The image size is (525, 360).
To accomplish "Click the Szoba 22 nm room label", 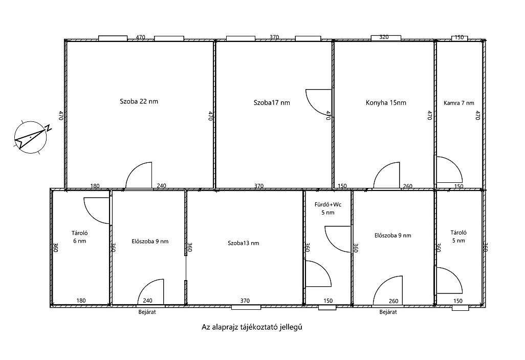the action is (139, 101).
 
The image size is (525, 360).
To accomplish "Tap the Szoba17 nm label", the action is (272, 102).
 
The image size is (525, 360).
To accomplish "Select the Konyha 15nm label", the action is (386, 102).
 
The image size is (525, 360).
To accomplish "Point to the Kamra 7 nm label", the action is (458, 103).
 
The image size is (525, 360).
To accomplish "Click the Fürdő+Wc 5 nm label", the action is (328, 208).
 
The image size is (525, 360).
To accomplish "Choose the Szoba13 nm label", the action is (243, 243).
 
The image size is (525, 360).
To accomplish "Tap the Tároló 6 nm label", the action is (79, 237).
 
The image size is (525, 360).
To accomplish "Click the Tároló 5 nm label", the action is (458, 236).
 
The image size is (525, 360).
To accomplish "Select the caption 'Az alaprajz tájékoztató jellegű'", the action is (251, 327).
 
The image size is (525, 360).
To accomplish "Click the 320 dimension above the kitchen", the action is (384, 37).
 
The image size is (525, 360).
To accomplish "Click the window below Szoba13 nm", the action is (246, 307).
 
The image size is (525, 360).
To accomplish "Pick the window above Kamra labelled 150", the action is (460, 38).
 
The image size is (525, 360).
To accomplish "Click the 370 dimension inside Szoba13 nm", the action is (245, 301).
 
